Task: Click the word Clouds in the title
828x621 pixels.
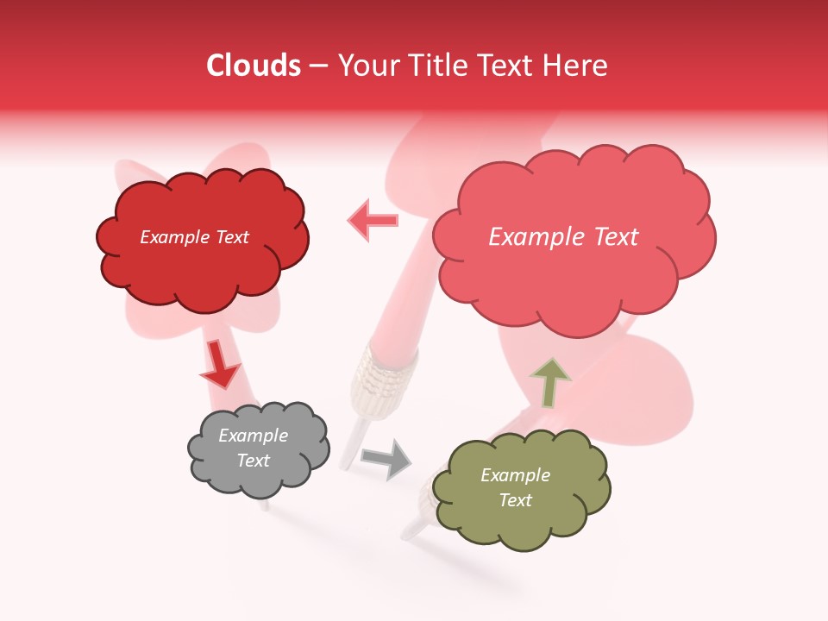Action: point(254,66)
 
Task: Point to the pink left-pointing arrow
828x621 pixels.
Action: point(373,220)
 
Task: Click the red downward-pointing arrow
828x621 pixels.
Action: point(220,365)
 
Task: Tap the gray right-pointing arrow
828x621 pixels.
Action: point(386,459)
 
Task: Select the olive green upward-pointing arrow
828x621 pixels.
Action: point(550,382)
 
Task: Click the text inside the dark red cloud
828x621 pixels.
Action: point(194,237)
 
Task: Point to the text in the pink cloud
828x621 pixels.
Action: point(563,237)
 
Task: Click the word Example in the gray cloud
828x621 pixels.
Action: point(253,436)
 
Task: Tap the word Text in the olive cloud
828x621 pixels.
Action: point(515,500)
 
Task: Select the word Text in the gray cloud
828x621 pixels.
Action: point(253,461)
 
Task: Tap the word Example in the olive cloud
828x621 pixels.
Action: point(515,475)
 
